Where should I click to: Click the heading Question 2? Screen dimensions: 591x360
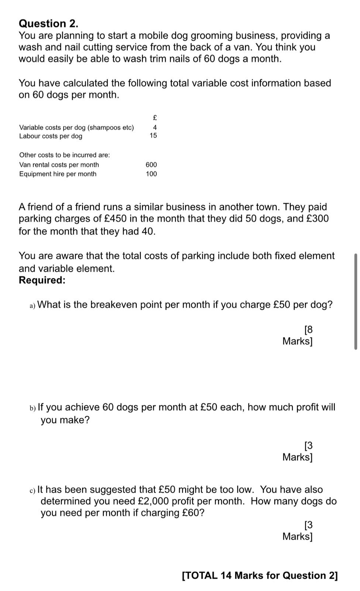tap(48, 24)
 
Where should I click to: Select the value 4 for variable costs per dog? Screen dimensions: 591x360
tap(155, 127)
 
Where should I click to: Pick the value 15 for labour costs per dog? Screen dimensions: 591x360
tap(153, 136)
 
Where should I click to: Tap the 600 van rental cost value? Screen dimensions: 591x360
tap(151, 165)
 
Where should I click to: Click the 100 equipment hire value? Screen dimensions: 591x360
tap(151, 174)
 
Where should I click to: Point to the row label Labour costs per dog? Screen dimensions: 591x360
tap(51, 136)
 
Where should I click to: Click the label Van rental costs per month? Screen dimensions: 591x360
tap(59, 165)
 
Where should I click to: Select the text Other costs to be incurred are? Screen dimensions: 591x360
tap(64, 155)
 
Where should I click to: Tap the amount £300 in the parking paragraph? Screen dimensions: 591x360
tap(317, 219)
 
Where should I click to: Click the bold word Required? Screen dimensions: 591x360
tap(42, 280)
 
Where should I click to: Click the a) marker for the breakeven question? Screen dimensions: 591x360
tap(33, 305)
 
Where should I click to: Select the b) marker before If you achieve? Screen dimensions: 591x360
tap(33, 408)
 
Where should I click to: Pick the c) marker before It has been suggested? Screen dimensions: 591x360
tap(33, 490)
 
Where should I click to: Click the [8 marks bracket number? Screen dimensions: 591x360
tap(308, 329)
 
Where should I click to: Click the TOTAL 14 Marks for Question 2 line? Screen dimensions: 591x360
tap(260, 575)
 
